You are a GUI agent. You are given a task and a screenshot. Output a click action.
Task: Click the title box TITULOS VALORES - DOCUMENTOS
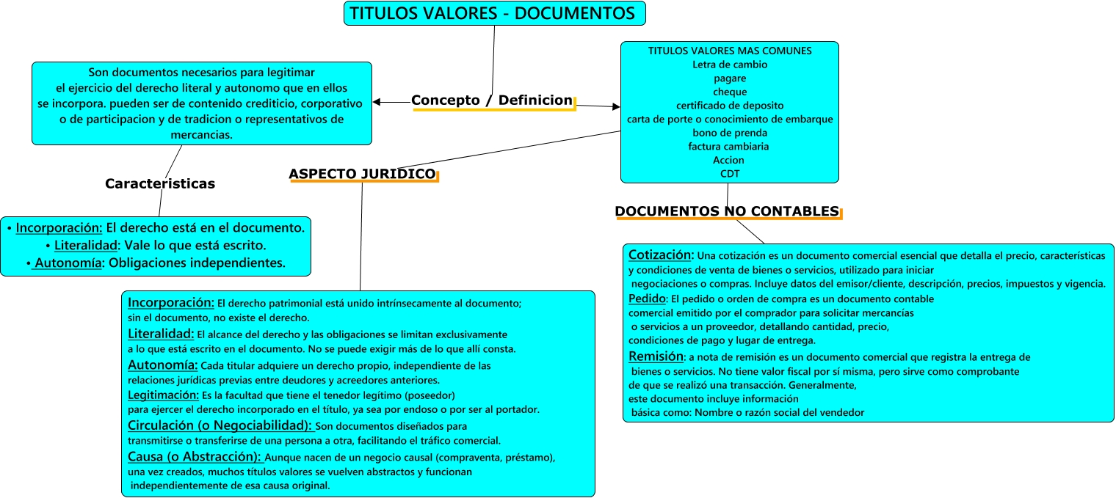(494, 13)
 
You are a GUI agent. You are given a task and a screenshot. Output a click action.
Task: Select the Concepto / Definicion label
(491, 100)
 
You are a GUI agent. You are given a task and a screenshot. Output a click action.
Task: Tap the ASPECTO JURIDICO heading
(362, 174)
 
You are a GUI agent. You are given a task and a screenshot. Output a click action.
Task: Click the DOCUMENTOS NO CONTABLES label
(727, 211)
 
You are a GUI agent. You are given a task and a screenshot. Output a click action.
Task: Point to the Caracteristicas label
(160, 184)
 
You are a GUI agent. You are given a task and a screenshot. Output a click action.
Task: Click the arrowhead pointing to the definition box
(377, 102)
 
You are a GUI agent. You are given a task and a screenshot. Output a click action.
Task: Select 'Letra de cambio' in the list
(729, 65)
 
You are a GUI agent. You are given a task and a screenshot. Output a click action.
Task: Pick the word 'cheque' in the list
(729, 92)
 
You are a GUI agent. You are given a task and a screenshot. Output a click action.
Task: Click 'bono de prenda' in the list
(729, 133)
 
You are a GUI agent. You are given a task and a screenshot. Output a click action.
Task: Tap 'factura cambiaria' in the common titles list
(729, 147)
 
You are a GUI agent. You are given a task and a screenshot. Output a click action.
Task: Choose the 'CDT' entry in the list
(729, 174)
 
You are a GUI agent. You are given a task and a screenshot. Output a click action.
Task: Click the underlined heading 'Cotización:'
(661, 255)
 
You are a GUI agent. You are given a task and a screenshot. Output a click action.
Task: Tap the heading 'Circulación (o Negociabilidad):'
(220, 426)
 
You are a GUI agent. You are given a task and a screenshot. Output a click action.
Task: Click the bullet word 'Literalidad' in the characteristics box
(86, 245)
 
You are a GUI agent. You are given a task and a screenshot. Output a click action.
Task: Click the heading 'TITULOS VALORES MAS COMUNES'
(729, 51)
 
